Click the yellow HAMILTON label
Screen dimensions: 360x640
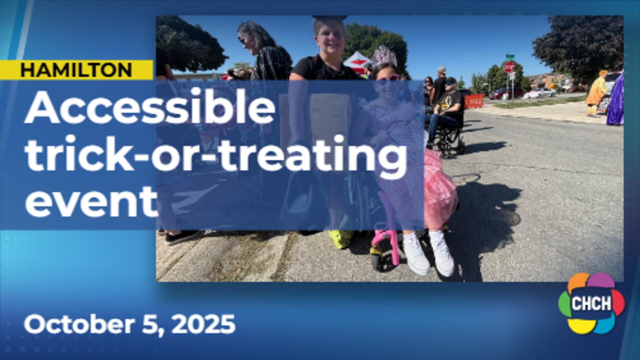[76, 70]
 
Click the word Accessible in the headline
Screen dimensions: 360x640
[150, 107]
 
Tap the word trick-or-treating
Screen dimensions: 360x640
[216, 155]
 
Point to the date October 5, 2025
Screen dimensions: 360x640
[129, 324]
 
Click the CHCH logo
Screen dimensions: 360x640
[592, 303]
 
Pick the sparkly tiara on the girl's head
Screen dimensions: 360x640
[384, 56]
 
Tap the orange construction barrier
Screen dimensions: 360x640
[474, 101]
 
